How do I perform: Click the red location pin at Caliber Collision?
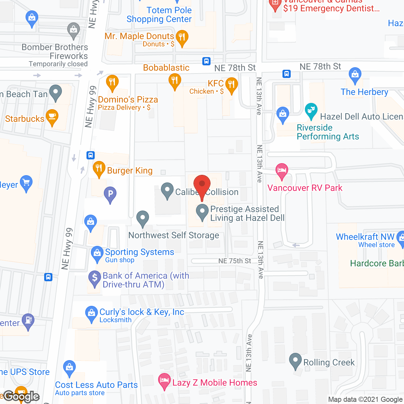(202, 185)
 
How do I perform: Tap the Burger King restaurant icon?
(99, 169)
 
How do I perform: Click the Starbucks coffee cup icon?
(52, 117)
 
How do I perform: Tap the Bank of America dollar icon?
(94, 278)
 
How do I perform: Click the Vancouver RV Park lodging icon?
(282, 171)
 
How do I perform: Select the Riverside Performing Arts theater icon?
(311, 111)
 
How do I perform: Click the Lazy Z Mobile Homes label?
(215, 383)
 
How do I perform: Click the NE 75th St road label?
(235, 261)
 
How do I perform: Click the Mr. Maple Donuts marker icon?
(182, 38)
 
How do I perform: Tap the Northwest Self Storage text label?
(174, 235)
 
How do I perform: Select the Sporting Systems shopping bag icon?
(97, 254)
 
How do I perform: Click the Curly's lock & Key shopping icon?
(91, 314)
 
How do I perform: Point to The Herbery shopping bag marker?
(355, 75)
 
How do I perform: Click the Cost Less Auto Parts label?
(96, 385)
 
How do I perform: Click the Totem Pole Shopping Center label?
(159, 15)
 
